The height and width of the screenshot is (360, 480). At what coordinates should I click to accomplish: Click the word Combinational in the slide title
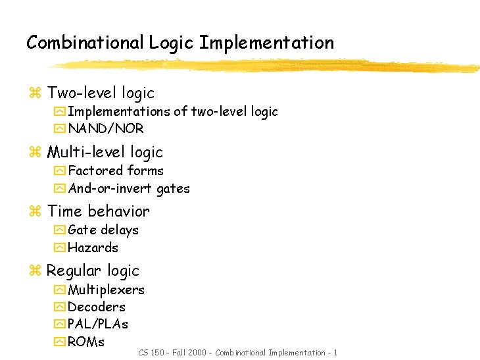pyautogui.click(x=85, y=43)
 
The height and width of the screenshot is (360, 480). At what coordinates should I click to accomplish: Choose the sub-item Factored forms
pyautogui.click(x=116, y=170)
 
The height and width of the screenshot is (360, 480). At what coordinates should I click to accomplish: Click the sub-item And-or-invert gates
pyautogui.click(x=129, y=189)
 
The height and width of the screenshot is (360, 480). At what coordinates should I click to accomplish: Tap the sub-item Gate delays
pyautogui.click(x=103, y=230)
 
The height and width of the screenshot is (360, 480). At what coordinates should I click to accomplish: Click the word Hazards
pyautogui.click(x=93, y=247)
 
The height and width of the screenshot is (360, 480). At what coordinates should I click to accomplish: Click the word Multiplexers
pyautogui.click(x=107, y=290)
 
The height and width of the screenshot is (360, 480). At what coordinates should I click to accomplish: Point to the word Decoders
pyautogui.click(x=97, y=307)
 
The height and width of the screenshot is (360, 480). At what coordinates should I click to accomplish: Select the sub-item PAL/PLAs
pyautogui.click(x=98, y=324)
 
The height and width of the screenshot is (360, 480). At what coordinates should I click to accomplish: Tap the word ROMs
pyautogui.click(x=86, y=342)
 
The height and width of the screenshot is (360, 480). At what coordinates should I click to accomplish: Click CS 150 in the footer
pyautogui.click(x=151, y=353)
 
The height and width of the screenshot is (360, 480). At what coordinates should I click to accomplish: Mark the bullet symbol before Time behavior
pyautogui.click(x=36, y=212)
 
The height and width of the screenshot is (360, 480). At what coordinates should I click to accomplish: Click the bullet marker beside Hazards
pyautogui.click(x=60, y=248)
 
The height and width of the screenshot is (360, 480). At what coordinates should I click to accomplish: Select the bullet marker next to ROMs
pyautogui.click(x=60, y=342)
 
